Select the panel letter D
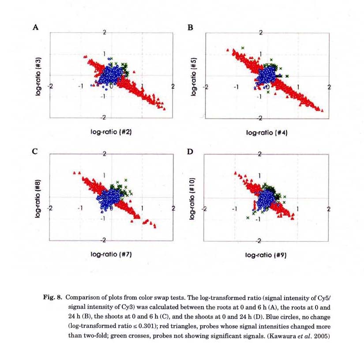[191, 152]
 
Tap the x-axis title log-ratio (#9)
[266, 254]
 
